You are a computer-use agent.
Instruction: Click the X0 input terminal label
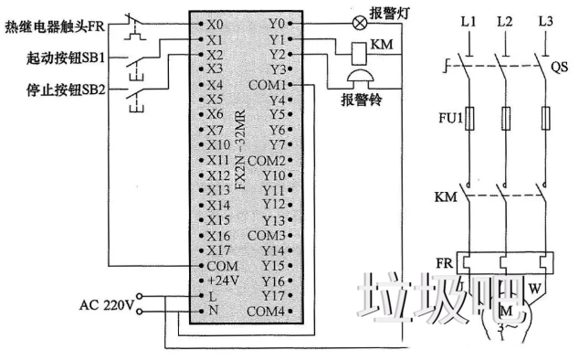[215, 20]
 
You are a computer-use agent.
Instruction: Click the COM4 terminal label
[266, 311]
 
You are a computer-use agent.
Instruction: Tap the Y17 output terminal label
[273, 294]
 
